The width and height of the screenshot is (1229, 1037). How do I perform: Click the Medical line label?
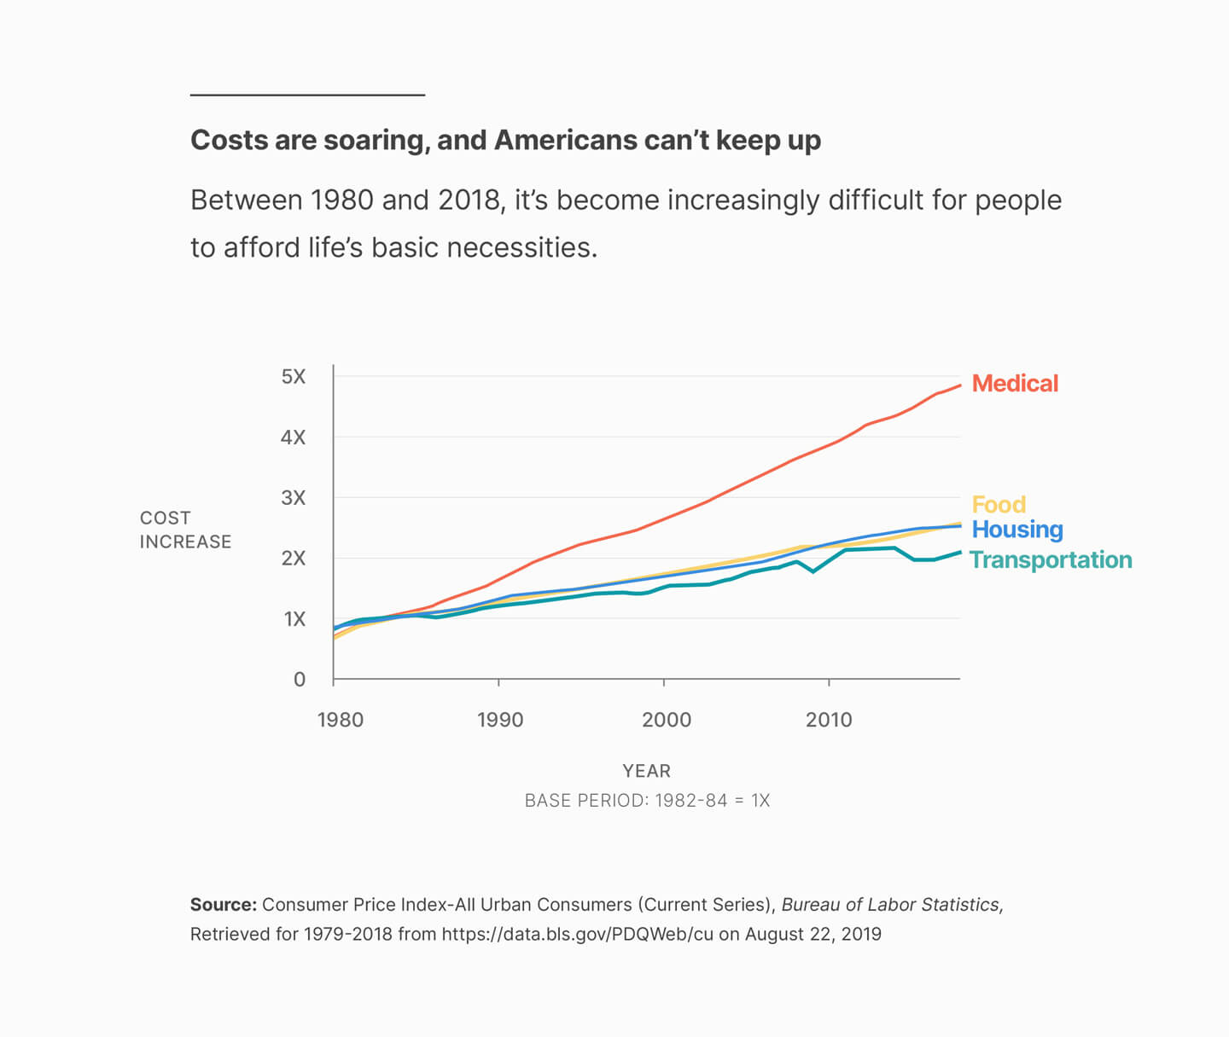(x=1015, y=384)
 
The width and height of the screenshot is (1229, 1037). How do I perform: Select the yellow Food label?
(x=999, y=504)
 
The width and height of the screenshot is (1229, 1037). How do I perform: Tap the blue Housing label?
(x=1017, y=530)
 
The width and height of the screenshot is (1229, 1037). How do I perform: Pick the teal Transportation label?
(x=1051, y=560)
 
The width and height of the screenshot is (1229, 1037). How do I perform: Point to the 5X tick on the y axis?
(x=293, y=377)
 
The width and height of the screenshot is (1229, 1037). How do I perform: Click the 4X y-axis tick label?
(x=293, y=437)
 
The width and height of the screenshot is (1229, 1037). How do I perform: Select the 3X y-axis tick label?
(x=293, y=498)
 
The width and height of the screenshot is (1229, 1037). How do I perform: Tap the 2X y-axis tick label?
(x=293, y=559)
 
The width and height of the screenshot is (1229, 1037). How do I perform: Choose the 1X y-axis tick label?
(x=294, y=619)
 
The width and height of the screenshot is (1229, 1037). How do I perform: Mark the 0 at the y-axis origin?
(x=300, y=680)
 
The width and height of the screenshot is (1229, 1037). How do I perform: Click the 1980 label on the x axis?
(x=341, y=720)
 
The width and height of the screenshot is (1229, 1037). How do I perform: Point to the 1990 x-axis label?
(x=500, y=720)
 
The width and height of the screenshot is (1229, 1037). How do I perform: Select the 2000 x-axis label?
(x=667, y=720)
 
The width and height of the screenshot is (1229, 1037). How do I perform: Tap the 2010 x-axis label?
(x=829, y=720)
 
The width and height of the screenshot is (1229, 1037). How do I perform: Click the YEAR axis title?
(x=647, y=771)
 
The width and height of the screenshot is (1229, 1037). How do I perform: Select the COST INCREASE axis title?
(x=185, y=530)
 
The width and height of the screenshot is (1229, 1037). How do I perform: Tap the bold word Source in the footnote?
(x=223, y=905)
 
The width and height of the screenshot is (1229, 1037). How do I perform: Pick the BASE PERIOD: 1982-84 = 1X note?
(x=647, y=801)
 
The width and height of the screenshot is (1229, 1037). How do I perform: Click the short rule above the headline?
(x=307, y=95)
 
